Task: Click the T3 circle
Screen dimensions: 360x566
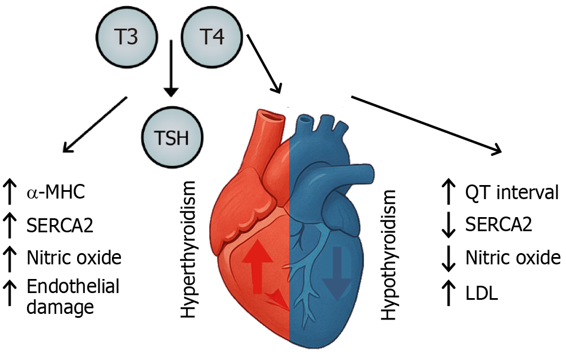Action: pos(125,39)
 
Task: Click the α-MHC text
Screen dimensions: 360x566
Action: pos(56,192)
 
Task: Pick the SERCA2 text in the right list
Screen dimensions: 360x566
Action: pos(498,225)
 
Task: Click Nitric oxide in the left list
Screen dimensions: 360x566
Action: pos(74,258)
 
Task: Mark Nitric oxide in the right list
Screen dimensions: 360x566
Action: pos(513,258)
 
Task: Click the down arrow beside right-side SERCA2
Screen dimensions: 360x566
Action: pos(449,225)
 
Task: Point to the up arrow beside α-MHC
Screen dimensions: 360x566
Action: pos(10,192)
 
